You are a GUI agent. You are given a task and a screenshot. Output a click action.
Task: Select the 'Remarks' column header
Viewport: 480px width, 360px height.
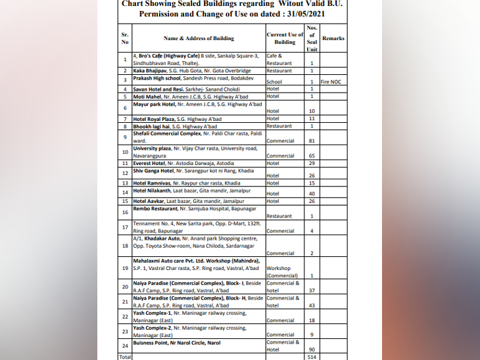click(333, 38)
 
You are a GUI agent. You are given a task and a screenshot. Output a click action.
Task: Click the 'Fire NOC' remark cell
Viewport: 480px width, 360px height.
click(331, 81)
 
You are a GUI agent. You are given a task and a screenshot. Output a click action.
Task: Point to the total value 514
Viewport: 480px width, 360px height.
click(312, 356)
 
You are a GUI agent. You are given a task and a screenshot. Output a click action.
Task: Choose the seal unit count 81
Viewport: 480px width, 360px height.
click(312, 140)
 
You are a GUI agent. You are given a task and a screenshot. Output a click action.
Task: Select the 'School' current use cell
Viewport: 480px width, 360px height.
click(274, 82)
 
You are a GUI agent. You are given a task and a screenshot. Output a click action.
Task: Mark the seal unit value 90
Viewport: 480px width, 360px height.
click(312, 349)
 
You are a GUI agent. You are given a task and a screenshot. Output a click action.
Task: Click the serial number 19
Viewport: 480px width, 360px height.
click(125, 268)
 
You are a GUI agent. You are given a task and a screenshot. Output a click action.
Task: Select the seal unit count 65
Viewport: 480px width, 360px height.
click(312, 156)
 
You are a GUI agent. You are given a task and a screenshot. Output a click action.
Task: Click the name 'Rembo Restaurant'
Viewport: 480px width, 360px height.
click(155, 209)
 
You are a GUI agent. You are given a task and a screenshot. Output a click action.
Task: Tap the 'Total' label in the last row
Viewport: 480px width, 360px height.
click(125, 356)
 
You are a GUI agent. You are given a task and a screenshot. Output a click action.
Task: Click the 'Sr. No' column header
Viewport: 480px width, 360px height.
click(125, 38)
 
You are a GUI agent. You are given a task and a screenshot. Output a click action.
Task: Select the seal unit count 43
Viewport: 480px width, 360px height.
click(312, 305)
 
